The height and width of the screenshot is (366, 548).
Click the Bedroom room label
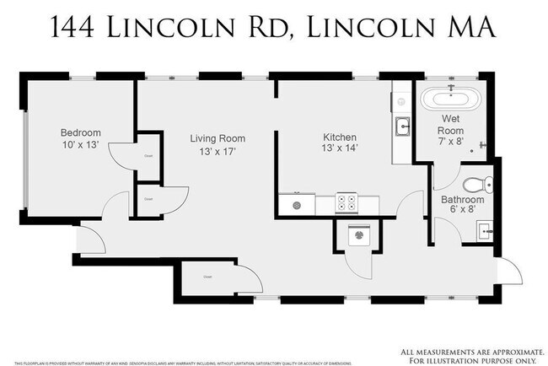[x=80, y=132]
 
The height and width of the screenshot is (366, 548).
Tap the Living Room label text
[x=217, y=138]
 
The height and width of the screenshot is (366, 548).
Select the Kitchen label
[x=340, y=137]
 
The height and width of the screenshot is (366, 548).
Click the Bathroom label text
[x=463, y=199]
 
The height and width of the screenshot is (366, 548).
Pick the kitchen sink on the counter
[x=403, y=129]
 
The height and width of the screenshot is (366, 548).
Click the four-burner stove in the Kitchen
[x=347, y=202]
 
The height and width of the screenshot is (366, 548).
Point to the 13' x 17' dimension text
[x=217, y=152]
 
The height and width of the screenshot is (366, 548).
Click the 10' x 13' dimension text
[x=80, y=145]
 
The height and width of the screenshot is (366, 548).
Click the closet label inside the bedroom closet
[x=148, y=156]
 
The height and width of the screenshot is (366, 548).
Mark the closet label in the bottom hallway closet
[x=207, y=276]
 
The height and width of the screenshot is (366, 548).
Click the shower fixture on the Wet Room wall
[x=484, y=144]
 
